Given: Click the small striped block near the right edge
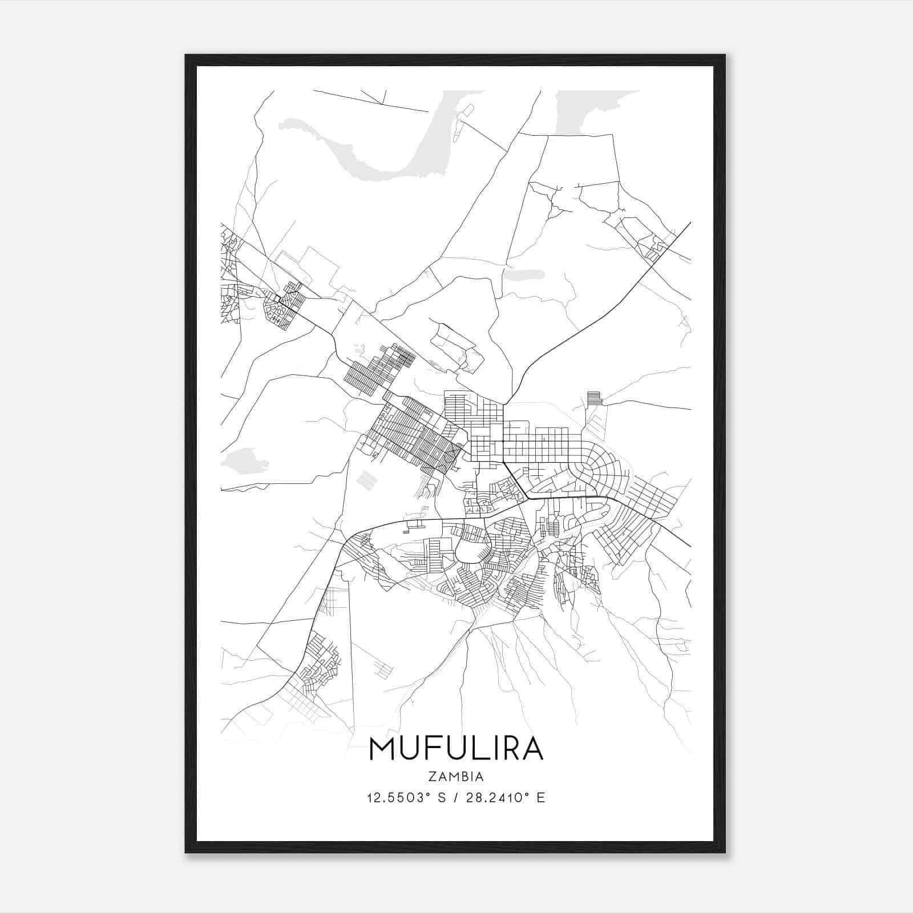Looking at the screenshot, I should tap(595, 398).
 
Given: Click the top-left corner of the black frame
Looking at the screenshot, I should tap(187, 56).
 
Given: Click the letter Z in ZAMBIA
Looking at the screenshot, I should tap(431, 777).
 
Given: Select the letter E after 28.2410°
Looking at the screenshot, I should tap(541, 797).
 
